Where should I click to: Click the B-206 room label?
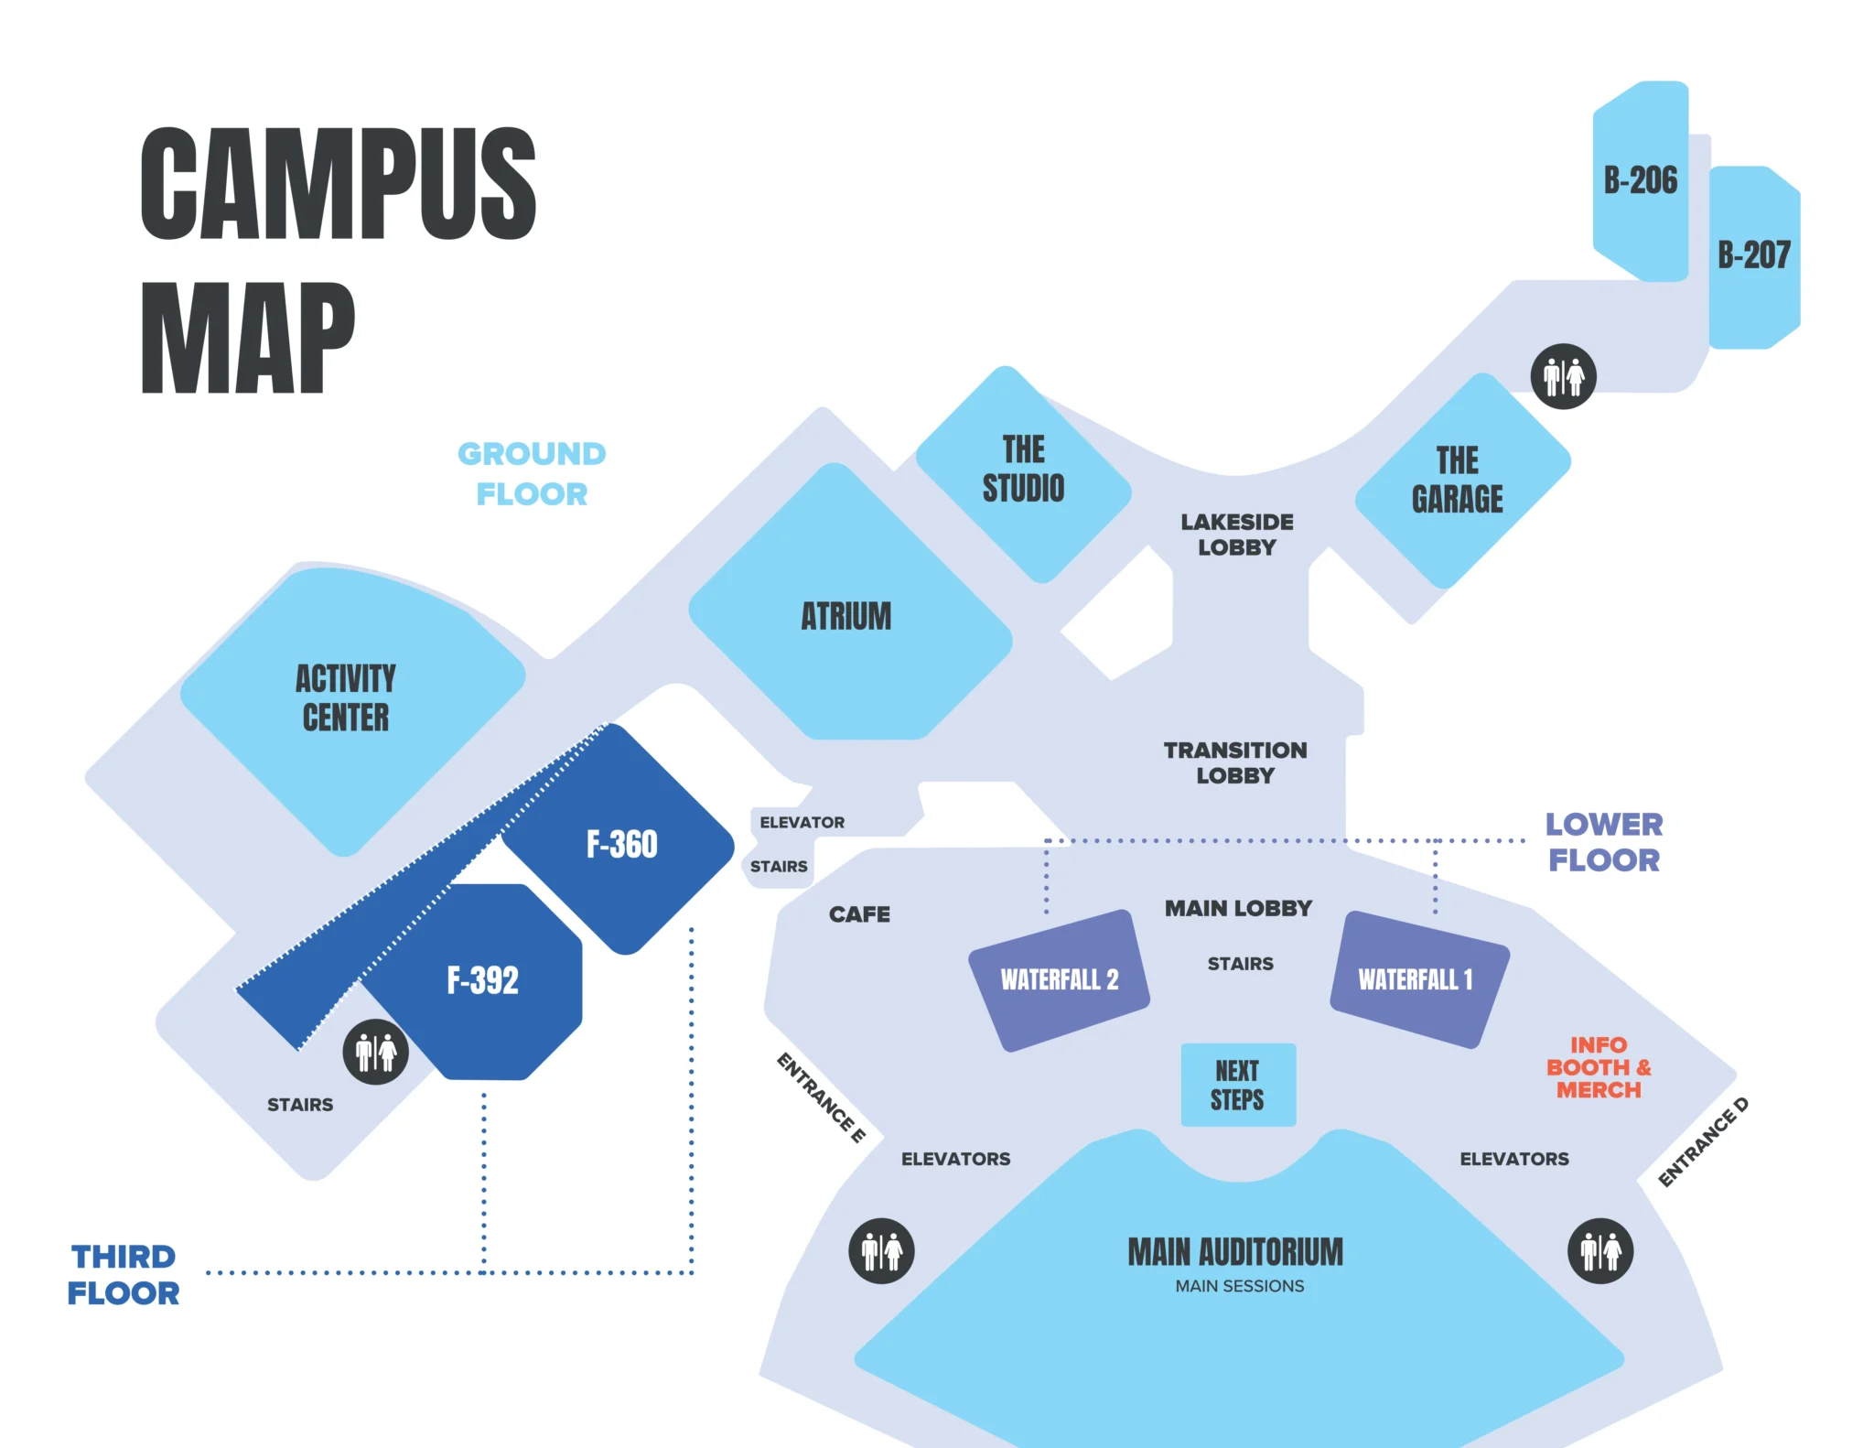click(1640, 180)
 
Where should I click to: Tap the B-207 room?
click(1753, 255)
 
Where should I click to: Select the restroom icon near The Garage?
click(1563, 376)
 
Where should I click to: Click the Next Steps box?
click(1238, 1085)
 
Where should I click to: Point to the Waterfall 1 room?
click(1416, 979)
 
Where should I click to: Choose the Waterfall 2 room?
click(1059, 979)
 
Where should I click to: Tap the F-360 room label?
click(622, 844)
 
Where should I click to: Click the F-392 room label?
click(482, 980)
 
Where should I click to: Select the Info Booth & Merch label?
click(1599, 1067)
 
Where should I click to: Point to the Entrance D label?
click(1703, 1141)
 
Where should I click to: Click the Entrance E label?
click(821, 1097)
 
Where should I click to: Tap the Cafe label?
click(859, 914)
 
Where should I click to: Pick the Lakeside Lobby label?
click(1236, 535)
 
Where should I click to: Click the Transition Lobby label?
click(1235, 762)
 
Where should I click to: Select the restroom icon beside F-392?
click(375, 1053)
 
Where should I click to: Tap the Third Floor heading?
click(124, 1275)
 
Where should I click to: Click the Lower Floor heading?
click(1604, 842)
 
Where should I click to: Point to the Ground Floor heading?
click(532, 474)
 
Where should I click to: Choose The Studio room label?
click(1023, 469)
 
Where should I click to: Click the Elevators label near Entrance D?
click(1513, 1159)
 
